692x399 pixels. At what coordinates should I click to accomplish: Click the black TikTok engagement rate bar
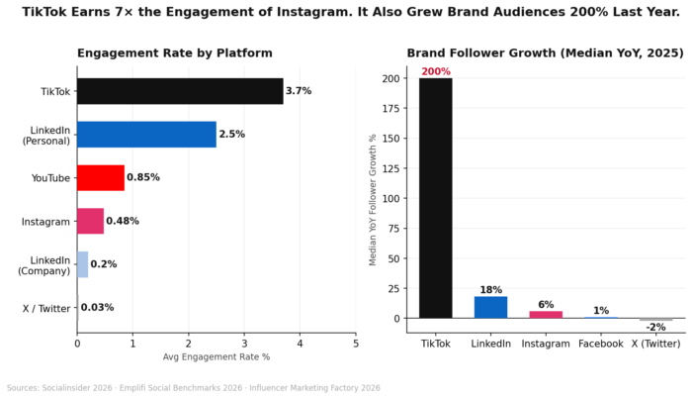pos(180,91)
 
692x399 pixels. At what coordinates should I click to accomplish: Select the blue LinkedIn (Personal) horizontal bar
pos(146,135)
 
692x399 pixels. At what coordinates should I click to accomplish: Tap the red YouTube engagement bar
pos(101,178)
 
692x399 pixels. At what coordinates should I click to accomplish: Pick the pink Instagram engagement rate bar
pos(90,221)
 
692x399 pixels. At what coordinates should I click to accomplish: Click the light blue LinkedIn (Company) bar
pos(82,264)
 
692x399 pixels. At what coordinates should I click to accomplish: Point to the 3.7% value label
pos(299,91)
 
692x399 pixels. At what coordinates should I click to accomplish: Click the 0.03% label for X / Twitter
pos(97,308)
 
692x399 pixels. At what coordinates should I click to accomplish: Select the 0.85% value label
pos(143,178)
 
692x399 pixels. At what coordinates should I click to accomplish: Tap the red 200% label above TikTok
pos(435,72)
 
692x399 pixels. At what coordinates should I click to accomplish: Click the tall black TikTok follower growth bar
pos(435,198)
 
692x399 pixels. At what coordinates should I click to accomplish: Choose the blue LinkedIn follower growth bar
pos(490,307)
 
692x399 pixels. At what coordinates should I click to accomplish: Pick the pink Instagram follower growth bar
pos(546,314)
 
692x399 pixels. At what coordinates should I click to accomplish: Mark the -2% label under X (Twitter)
pos(655,328)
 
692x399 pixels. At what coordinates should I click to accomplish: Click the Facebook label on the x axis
pos(601,344)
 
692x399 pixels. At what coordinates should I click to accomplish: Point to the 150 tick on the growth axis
pos(390,138)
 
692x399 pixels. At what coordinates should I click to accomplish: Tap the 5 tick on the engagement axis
pos(356,344)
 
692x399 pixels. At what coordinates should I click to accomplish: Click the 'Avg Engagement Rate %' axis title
pos(216,357)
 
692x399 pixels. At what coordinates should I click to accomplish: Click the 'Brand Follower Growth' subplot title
pos(544,53)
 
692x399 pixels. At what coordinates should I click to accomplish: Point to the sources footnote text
pos(194,388)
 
